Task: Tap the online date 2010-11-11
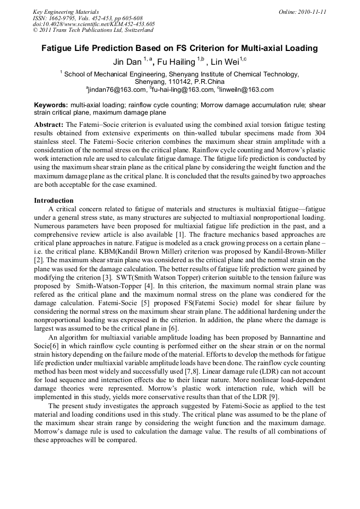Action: [x=311, y=11]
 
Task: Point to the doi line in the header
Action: [x=93, y=24]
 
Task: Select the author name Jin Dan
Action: [x=127, y=62]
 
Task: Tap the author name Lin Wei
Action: [x=226, y=62]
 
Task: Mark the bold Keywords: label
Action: [x=51, y=105]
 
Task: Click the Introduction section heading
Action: [x=54, y=201]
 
